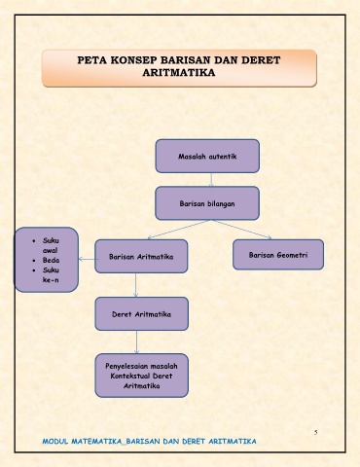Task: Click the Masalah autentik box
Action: tap(207, 156)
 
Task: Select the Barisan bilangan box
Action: tap(207, 203)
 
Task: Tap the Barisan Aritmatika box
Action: tap(141, 256)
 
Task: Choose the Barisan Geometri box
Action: tap(278, 255)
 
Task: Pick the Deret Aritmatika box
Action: tap(142, 313)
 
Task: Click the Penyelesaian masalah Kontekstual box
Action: tap(142, 376)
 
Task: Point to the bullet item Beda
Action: tap(51, 260)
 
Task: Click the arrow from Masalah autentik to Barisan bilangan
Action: tap(211, 180)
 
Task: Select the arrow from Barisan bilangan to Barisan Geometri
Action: tap(242, 230)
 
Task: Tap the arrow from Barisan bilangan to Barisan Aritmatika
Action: tap(178, 230)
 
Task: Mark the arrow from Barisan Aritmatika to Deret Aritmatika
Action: tap(135, 285)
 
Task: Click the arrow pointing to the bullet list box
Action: tap(89, 259)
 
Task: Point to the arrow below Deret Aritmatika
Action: tap(136, 342)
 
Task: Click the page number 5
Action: tap(315, 432)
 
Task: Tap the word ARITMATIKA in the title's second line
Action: tap(179, 72)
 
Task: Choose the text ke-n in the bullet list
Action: tap(51, 280)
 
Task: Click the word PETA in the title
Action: tap(91, 60)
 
